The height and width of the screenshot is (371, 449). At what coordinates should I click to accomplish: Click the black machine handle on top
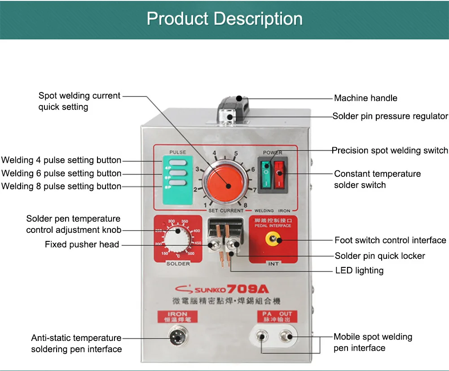pos(233,103)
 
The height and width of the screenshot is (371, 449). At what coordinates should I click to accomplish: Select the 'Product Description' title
pos(224,19)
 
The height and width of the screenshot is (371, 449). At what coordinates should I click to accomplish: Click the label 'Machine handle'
pos(365,98)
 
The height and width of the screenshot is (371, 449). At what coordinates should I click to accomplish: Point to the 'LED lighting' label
pos(359,271)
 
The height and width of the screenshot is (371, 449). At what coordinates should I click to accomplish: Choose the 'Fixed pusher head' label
pos(82,244)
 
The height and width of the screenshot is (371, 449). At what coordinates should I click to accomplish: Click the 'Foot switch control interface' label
pos(390,240)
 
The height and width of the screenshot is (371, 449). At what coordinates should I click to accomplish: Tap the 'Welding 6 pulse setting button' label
pos(61,173)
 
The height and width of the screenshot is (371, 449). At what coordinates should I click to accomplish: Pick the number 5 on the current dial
pos(236,154)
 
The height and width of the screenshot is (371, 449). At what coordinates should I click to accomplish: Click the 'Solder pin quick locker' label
pos(380,256)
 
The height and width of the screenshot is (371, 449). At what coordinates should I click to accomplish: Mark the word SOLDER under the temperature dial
pos(178,264)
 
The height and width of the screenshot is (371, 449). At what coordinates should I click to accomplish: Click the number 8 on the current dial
pos(245,205)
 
